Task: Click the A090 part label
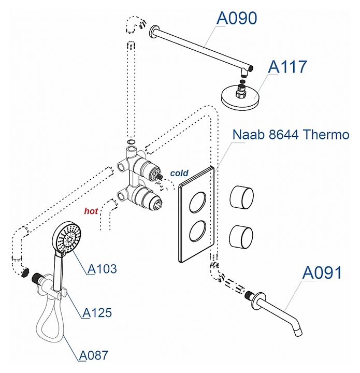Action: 236,18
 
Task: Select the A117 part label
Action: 287,67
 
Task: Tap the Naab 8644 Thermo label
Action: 291,135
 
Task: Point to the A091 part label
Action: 322,272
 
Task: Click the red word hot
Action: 91,211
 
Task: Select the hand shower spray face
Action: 68,239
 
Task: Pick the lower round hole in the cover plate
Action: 196,229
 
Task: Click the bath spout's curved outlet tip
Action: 297,331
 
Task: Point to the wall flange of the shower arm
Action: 153,32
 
